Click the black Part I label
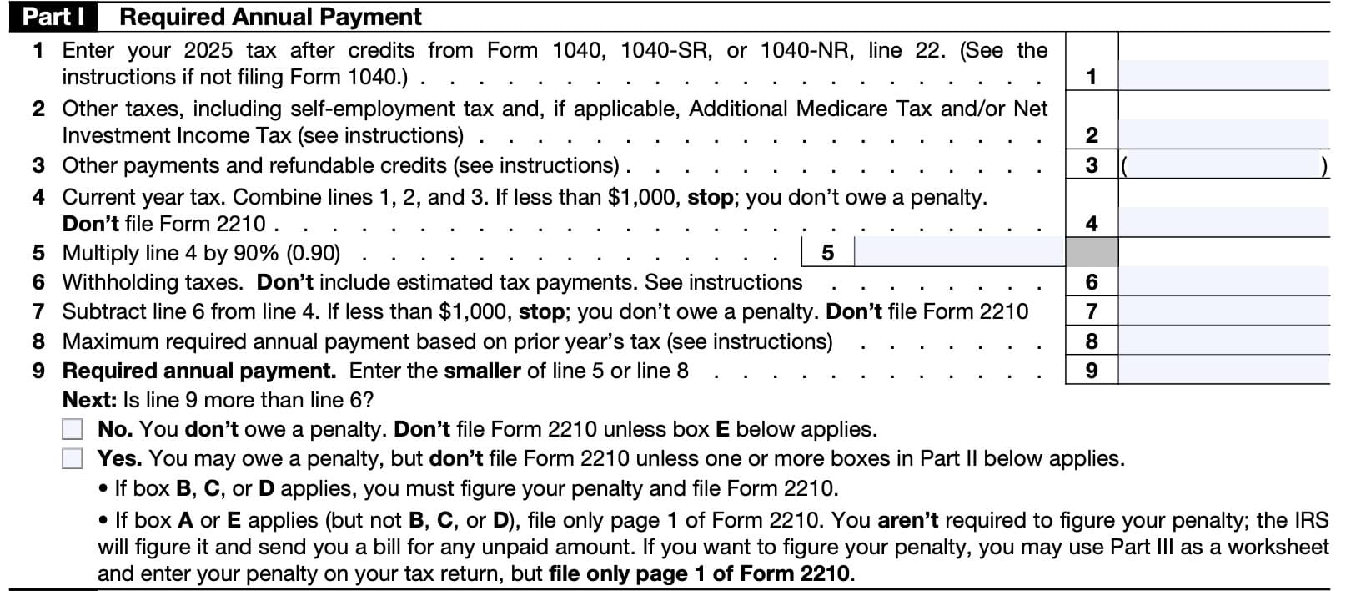tap(52, 17)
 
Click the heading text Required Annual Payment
tap(271, 17)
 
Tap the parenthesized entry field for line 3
tap(1223, 165)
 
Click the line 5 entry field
tap(959, 252)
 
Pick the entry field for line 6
tap(1223, 282)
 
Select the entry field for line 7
tap(1223, 311)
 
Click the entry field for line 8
tap(1223, 341)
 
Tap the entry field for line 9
tap(1223, 370)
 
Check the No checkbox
tap(73, 429)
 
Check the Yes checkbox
tap(73, 458)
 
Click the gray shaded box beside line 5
tap(1091, 252)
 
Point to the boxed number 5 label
tap(827, 252)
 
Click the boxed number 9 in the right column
tap(1091, 370)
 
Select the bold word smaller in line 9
tap(482, 371)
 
